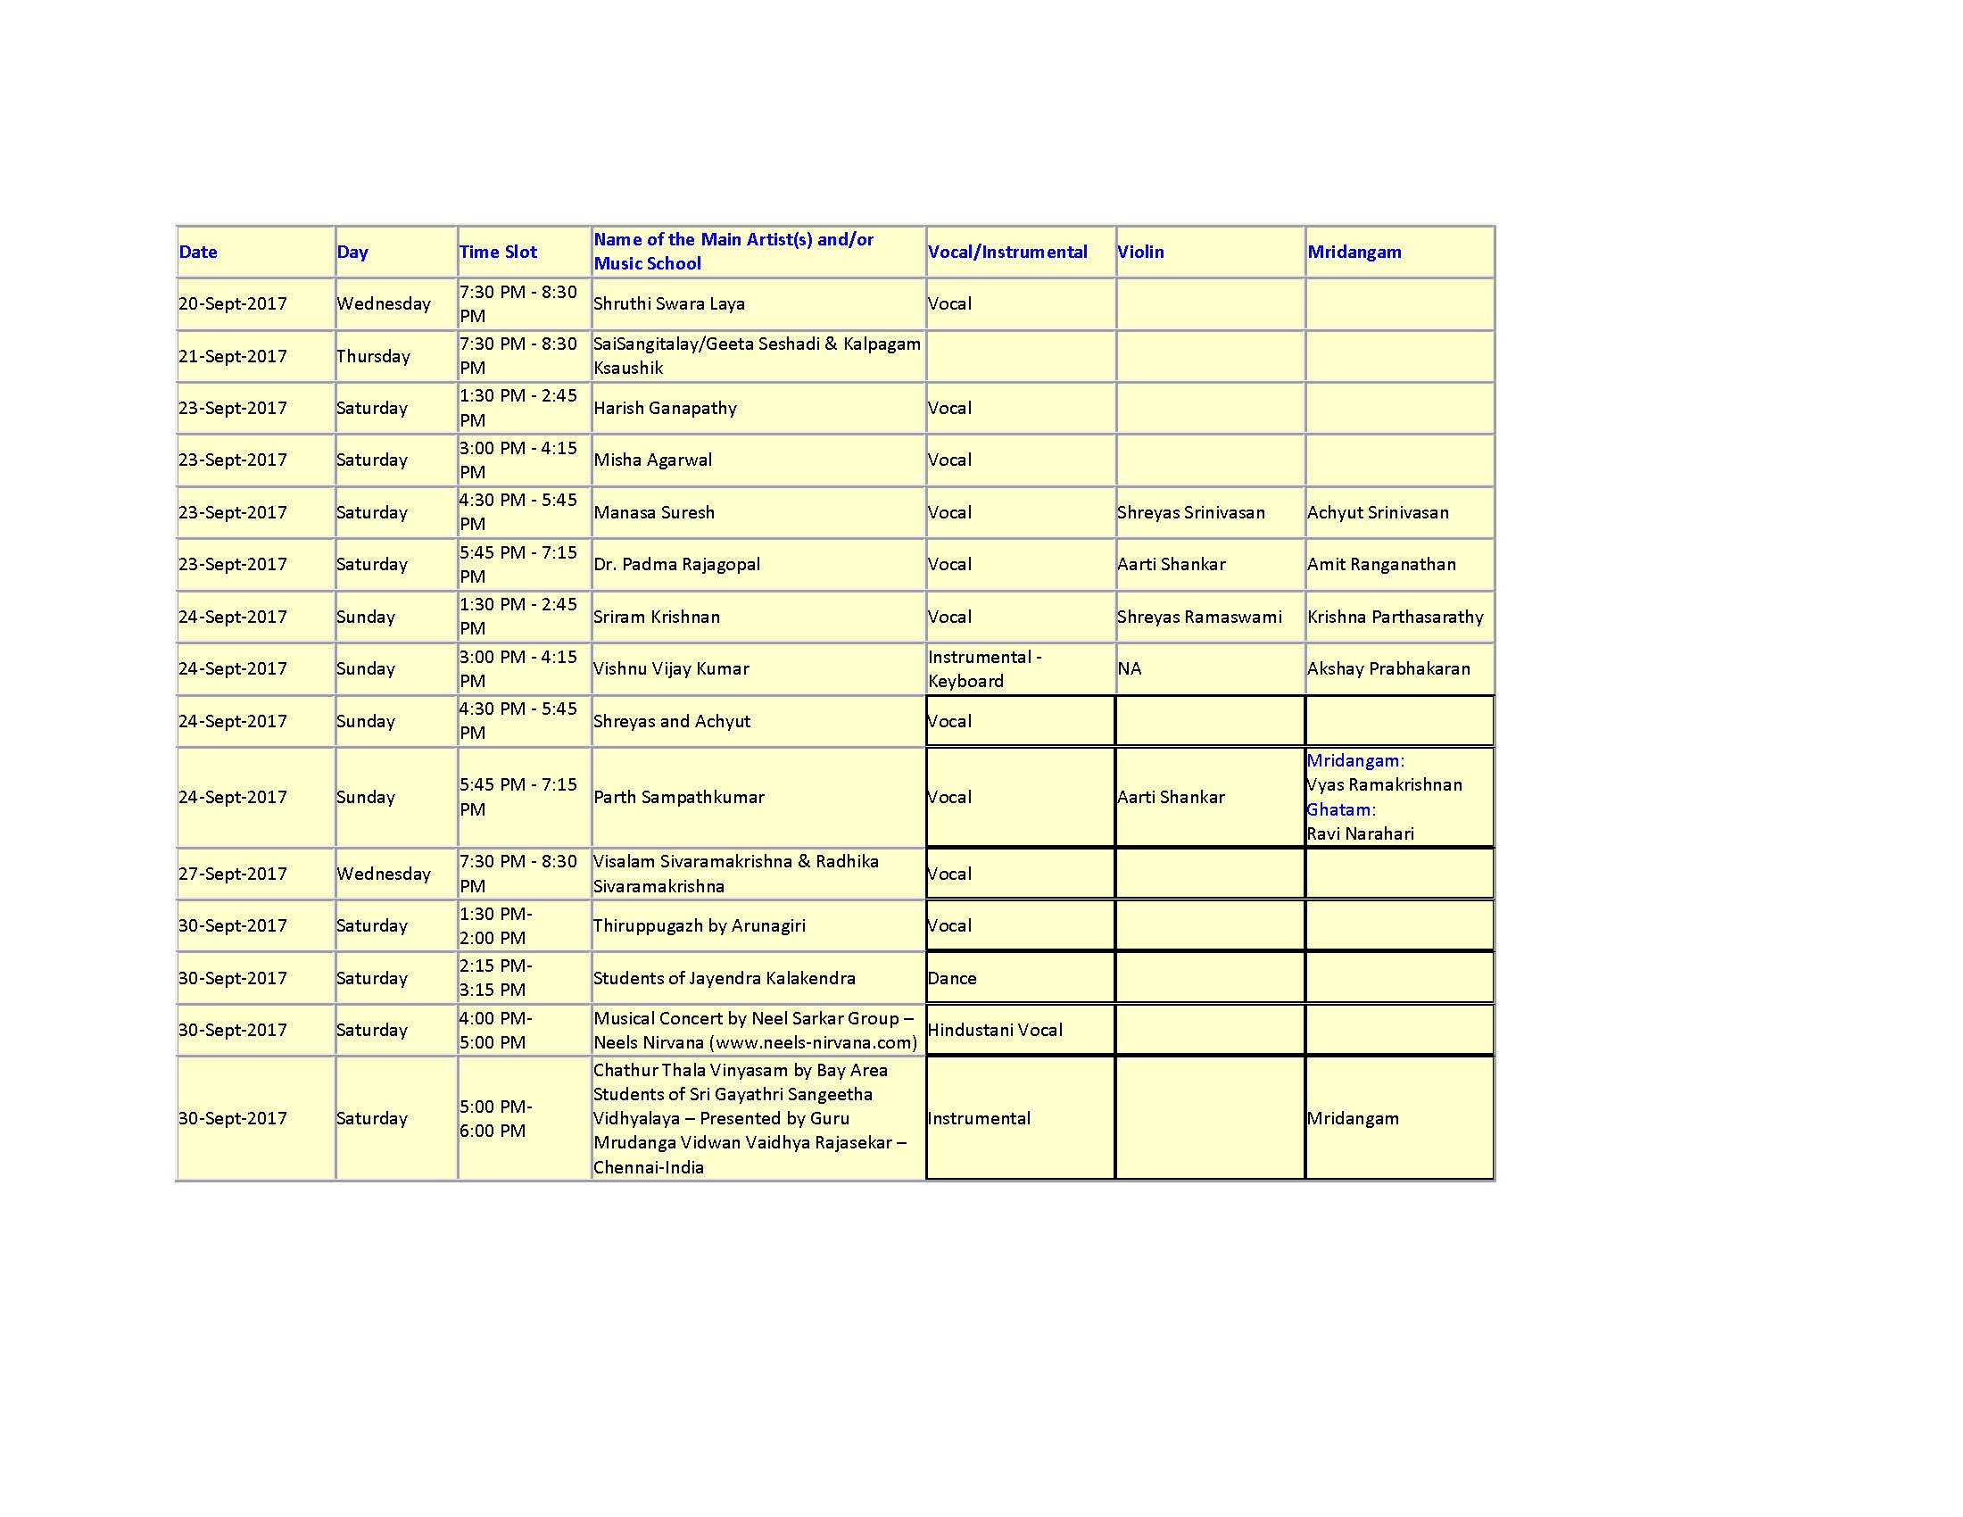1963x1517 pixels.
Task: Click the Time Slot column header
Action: coord(498,252)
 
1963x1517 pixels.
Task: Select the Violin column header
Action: coord(1139,252)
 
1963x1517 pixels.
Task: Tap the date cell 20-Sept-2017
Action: coord(233,303)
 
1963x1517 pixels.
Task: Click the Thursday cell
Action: coord(373,356)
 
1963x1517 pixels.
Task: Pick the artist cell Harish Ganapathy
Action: coord(665,408)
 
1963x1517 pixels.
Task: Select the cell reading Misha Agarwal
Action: coord(652,460)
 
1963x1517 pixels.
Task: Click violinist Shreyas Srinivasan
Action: coord(1191,512)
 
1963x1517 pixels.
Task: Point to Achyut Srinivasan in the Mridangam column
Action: coord(1378,512)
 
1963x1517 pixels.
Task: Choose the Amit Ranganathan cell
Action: coord(1381,564)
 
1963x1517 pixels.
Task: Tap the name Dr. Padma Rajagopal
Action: coord(677,564)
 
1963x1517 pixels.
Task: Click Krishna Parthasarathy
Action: coord(1395,617)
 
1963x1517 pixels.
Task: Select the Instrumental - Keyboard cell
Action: coord(984,668)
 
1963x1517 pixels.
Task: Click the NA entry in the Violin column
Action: coord(1129,668)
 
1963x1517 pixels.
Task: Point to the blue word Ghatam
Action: coord(1338,808)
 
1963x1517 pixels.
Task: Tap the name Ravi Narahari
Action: coord(1360,834)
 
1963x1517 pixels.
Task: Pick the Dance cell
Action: coord(952,978)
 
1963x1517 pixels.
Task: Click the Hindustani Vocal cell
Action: coord(995,1030)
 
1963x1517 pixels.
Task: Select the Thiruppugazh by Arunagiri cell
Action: coord(700,925)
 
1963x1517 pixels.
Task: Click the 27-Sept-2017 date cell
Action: coord(233,874)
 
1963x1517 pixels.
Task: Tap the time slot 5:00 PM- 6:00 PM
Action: coord(495,1118)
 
